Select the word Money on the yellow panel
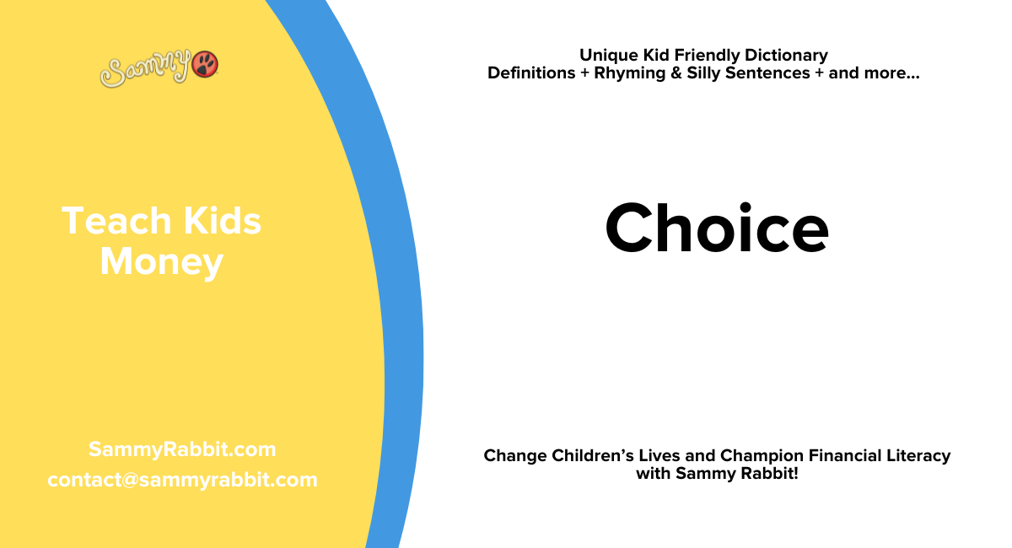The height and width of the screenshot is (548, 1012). click(161, 262)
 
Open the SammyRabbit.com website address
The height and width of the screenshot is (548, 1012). click(182, 449)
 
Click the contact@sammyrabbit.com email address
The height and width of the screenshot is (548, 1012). click(182, 480)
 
